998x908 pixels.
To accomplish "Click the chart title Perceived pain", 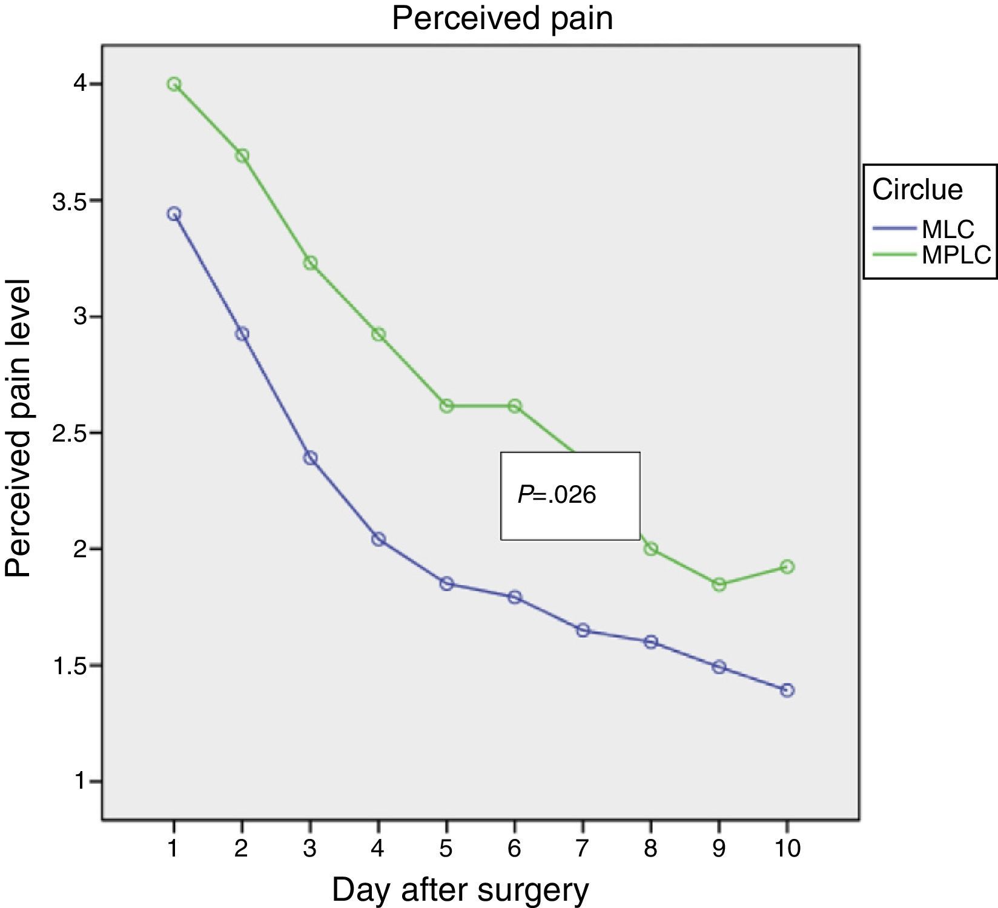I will point(502,18).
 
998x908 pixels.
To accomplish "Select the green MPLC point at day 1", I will point(174,84).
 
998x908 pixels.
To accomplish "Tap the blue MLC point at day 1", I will point(174,214).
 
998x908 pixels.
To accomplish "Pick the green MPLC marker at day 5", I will point(446,406).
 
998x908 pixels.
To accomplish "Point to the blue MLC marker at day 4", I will point(378,539).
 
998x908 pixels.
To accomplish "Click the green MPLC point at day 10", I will point(787,567).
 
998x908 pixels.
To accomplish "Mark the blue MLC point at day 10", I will point(787,690).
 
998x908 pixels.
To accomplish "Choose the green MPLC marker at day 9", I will point(719,585).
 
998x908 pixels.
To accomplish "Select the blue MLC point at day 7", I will point(583,631).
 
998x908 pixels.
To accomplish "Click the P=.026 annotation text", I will point(557,495).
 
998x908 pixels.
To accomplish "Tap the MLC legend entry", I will point(948,230).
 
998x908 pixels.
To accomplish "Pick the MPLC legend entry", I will point(956,256).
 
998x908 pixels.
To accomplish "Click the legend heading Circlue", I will point(917,190).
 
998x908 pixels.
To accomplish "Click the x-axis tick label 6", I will point(514,848).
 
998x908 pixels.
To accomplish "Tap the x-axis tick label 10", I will point(787,848).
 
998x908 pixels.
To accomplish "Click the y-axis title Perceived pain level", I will point(18,428).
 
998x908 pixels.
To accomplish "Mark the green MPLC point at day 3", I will point(310,263).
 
